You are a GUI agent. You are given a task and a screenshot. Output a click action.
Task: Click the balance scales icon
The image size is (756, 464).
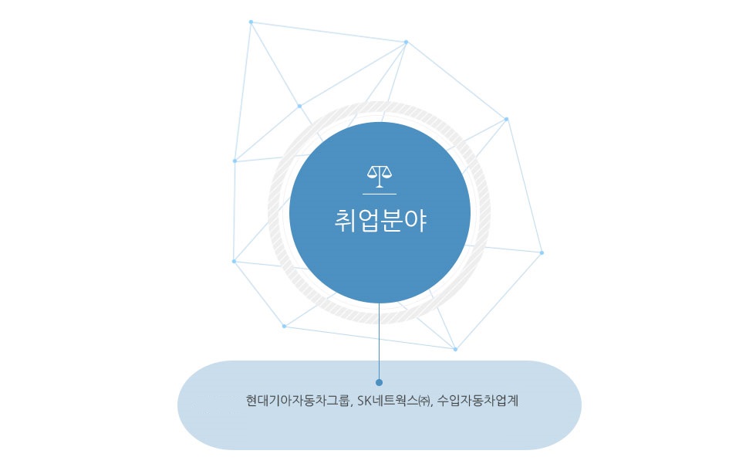[x=380, y=177]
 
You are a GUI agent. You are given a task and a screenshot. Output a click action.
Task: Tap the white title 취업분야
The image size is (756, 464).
[x=380, y=222]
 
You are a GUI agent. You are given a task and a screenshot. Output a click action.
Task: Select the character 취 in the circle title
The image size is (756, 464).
[x=346, y=222]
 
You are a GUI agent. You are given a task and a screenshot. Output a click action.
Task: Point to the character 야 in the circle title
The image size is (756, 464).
[x=416, y=222]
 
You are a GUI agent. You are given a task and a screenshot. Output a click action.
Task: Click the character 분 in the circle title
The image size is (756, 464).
[x=392, y=222]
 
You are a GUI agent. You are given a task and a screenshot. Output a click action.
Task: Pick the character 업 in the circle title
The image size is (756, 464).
[x=369, y=222]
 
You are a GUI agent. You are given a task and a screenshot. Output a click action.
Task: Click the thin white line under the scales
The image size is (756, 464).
[x=380, y=194]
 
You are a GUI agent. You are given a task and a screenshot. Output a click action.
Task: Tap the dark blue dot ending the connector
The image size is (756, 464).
[x=379, y=382]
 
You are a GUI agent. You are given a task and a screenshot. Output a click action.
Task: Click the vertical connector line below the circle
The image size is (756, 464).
[x=379, y=341]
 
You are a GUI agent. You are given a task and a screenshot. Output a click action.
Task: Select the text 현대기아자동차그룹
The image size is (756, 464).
[x=297, y=401]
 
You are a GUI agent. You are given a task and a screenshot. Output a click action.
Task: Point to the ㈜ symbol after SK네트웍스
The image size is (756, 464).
[x=424, y=401]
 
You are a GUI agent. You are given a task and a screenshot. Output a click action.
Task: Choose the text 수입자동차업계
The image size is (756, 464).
[x=478, y=401]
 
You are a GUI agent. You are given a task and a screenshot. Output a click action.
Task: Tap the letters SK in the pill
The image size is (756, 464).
[x=363, y=401]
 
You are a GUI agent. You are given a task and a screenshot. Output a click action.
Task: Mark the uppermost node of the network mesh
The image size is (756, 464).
[x=251, y=22]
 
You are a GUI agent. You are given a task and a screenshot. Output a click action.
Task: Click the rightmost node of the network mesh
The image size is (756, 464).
[x=542, y=252]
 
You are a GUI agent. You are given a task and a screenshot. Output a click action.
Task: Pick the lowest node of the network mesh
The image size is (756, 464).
[x=455, y=349]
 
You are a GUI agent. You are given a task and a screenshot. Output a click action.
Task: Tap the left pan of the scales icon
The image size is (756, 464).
[x=373, y=171]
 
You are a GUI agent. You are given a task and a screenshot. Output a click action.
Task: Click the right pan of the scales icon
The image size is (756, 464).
[x=386, y=171]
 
